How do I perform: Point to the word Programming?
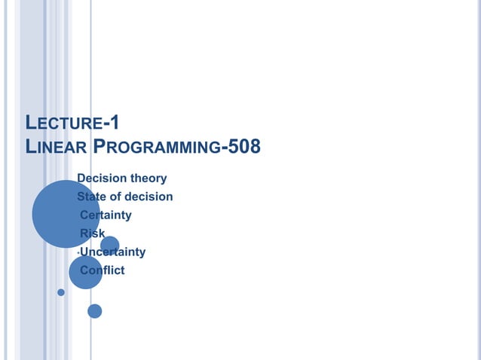click(154, 146)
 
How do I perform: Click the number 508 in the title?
click(244, 145)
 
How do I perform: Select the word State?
click(93, 197)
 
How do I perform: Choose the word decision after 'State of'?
click(150, 197)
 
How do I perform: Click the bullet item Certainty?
click(106, 215)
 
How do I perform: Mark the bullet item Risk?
click(93, 233)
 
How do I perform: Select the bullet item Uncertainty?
click(112, 252)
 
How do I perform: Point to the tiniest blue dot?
click(61, 293)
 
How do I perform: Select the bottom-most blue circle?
click(94, 310)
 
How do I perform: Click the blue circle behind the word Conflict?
click(85, 272)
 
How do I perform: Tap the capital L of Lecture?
click(31, 123)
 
